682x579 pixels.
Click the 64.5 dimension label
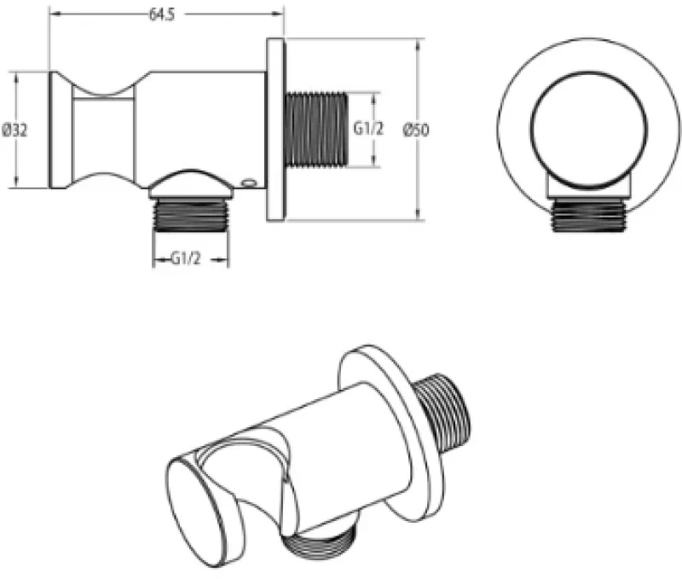pyautogui.click(x=162, y=14)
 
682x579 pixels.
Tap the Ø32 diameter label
pyautogui.click(x=14, y=130)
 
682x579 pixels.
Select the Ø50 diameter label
pyautogui.click(x=416, y=130)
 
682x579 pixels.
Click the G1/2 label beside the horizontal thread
pyautogui.click(x=368, y=129)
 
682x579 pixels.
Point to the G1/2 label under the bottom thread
pyautogui.click(x=186, y=259)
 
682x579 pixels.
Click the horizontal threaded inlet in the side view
pyautogui.click(x=316, y=130)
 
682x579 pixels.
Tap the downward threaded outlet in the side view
pyautogui.click(x=190, y=216)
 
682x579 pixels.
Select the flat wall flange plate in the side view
pyautogui.click(x=275, y=130)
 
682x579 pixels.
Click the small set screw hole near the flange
pyautogui.click(x=250, y=183)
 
